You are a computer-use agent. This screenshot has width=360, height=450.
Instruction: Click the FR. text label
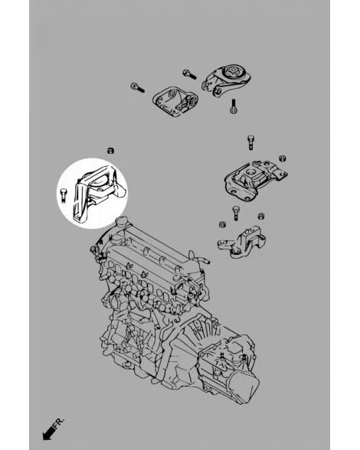tap(59, 424)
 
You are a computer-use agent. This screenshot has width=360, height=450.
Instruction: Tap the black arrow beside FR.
tap(48, 433)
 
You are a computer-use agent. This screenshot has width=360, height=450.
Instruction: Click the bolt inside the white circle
tap(64, 195)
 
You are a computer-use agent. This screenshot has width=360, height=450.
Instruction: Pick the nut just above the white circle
tap(110, 151)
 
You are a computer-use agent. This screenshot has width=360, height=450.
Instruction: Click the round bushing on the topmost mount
tap(232, 71)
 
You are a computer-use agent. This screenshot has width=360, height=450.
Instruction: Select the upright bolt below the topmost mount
tap(233, 106)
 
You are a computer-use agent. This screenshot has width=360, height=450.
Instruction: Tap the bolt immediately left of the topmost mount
tap(189, 74)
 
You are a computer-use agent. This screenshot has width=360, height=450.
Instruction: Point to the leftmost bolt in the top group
tap(137, 87)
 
